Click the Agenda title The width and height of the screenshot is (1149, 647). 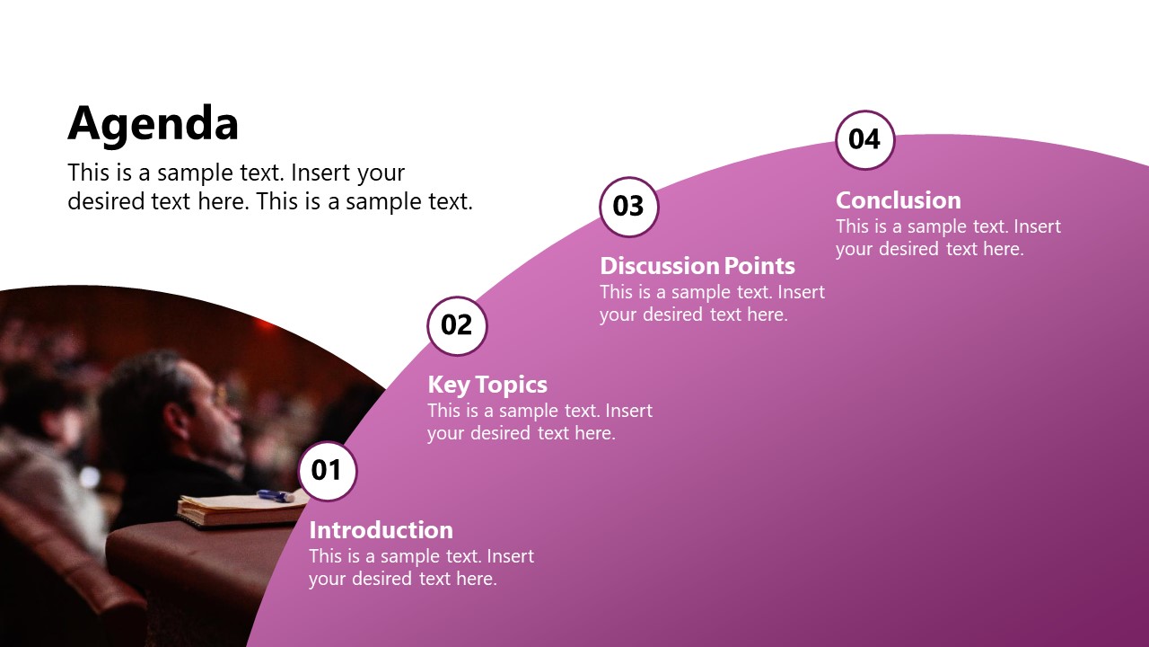153,123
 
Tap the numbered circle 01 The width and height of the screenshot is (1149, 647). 327,470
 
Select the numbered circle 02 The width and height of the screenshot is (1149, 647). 457,325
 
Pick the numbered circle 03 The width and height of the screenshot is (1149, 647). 628,207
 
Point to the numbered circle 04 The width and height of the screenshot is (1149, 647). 864,139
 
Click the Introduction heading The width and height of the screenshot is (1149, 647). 381,529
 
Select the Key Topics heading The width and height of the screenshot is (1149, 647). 487,385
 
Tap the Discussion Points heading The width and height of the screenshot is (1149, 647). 697,266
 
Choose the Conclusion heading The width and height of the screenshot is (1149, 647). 899,199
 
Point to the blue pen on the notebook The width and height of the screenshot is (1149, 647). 275,495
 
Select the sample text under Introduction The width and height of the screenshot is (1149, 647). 421,568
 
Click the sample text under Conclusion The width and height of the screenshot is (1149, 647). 948,238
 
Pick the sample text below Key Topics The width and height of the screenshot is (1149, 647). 539,422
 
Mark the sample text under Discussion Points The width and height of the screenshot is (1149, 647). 712,303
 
